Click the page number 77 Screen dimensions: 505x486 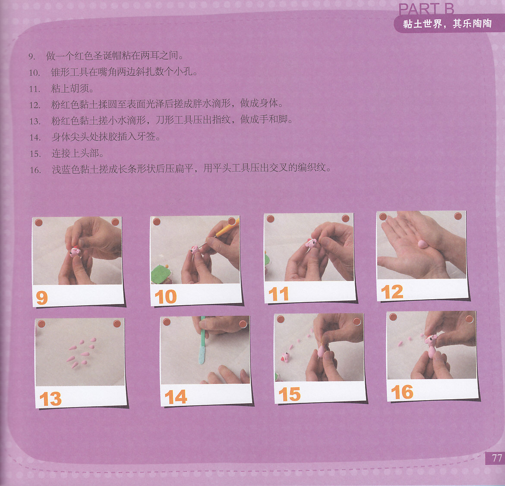497,458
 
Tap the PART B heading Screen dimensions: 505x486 426,9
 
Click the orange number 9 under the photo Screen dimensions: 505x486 42,298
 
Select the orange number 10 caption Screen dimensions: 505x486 166,297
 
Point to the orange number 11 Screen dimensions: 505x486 278,294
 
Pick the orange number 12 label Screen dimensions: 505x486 392,292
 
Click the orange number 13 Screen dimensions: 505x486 50,399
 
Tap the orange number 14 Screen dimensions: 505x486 176,397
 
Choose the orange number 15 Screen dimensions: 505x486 290,394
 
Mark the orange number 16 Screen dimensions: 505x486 402,392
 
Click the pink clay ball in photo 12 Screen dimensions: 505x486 423,244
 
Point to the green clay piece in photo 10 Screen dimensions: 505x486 161,274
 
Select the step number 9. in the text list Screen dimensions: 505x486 32,56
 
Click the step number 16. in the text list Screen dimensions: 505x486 35,170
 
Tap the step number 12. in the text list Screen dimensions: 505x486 35,105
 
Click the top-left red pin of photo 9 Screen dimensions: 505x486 39,223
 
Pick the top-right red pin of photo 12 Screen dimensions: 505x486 458,216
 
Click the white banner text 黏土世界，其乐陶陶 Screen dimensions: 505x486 447,24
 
